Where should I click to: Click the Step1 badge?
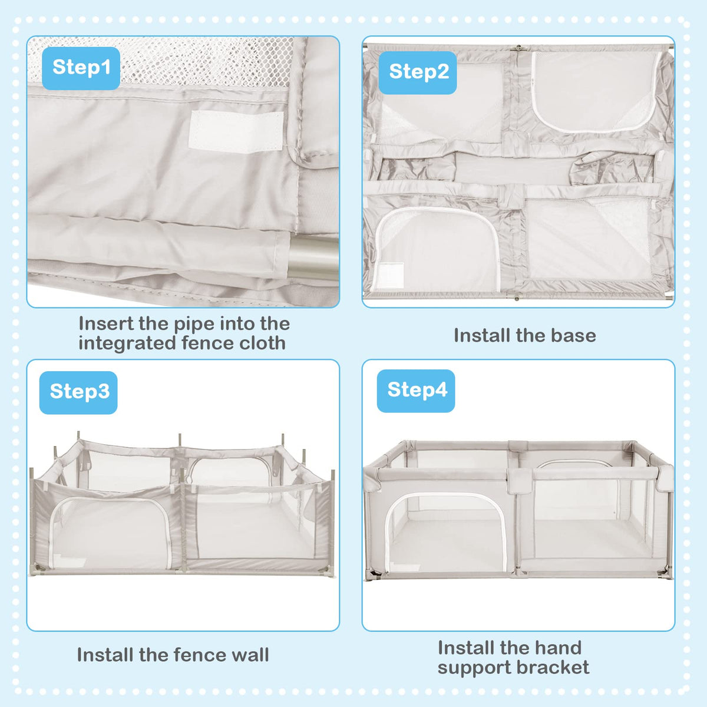(81, 68)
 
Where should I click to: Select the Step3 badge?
(78, 392)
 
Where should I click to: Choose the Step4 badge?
(416, 391)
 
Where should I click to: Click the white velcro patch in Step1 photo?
(236, 131)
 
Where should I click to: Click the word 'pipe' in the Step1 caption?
(193, 323)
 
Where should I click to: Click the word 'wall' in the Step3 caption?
(250, 655)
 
